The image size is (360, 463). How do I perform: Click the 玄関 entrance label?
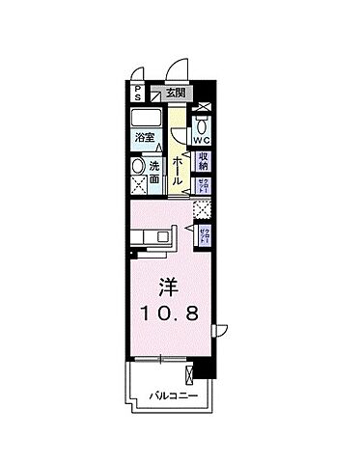[176, 93]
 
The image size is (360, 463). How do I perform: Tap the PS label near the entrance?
[138, 94]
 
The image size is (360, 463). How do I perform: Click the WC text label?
[203, 141]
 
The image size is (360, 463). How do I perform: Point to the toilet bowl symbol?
[203, 125]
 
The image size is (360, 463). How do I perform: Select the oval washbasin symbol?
[138, 166]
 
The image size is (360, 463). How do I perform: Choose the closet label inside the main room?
[204, 232]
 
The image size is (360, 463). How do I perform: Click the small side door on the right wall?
[219, 330]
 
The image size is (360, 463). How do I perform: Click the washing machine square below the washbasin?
[138, 187]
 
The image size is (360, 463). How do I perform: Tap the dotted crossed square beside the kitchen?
[203, 208]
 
